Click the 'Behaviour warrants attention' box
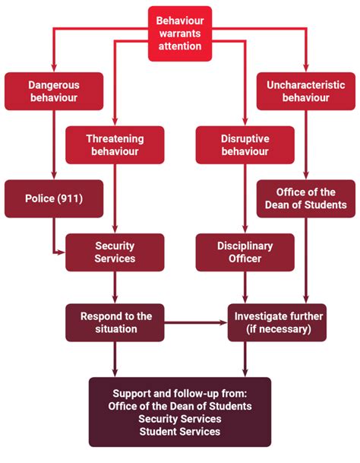point(180,33)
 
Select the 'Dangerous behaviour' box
point(53,91)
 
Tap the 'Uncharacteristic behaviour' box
point(305,91)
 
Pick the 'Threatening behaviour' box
point(115,145)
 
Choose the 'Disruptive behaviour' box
point(244,145)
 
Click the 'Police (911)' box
point(53,198)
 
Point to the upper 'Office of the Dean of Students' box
point(305,198)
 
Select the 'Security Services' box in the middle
point(115,252)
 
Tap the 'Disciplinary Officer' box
point(244,252)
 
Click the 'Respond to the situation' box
point(115,322)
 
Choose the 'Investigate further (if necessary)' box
point(277,322)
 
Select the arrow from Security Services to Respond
point(115,287)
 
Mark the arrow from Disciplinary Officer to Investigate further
point(244,287)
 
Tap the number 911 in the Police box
point(74,198)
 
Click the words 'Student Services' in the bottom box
point(180,431)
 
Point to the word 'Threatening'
point(115,139)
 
